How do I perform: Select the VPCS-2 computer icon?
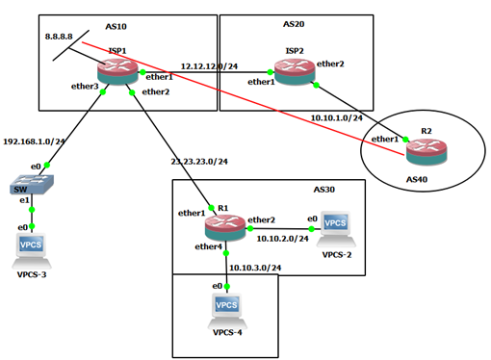[x=335, y=228]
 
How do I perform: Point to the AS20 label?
[x=294, y=23]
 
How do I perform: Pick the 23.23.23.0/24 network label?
[x=200, y=160]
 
